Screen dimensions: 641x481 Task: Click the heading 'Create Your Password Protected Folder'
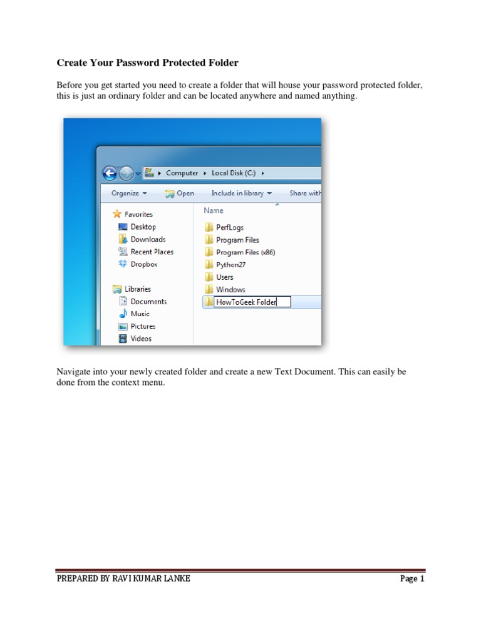[148, 63]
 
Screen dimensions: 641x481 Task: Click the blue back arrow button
[110, 173]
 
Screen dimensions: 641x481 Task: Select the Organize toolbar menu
[129, 193]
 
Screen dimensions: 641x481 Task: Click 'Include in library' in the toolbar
[241, 193]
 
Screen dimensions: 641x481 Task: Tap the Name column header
[214, 210]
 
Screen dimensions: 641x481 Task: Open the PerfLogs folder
[229, 227]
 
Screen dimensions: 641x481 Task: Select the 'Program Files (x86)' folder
[245, 252]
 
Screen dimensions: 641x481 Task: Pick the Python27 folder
[230, 265]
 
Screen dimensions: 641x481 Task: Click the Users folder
[224, 277]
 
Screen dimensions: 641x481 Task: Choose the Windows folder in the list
[230, 290]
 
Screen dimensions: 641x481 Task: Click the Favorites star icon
[116, 214]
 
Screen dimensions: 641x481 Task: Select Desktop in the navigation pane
[143, 227]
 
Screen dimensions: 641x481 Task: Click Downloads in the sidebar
[148, 239]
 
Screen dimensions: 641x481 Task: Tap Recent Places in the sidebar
[152, 252]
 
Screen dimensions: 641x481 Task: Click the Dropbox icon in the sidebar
[123, 264]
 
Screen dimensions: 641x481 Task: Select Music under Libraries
[140, 314]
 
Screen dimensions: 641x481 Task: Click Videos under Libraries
[141, 339]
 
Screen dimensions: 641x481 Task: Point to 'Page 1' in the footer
[412, 579]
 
